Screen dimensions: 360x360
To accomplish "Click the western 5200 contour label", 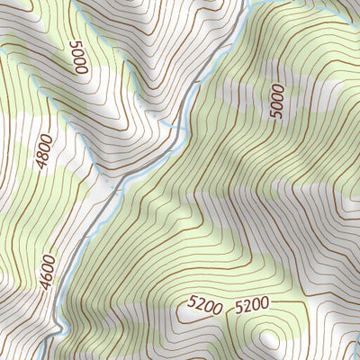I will tap(205, 307).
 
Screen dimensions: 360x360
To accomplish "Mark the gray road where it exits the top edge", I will tap(244, 3).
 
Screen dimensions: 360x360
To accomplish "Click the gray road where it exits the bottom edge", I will tap(54, 356).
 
